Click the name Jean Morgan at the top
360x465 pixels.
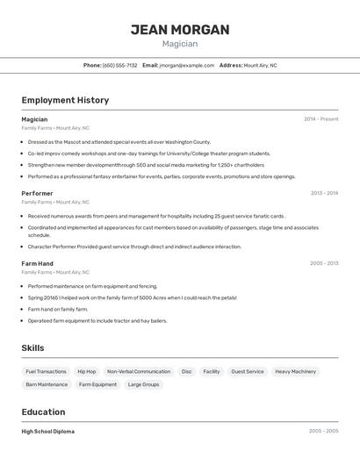coord(180,30)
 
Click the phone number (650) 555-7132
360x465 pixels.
coord(120,65)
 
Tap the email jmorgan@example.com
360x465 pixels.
coord(187,65)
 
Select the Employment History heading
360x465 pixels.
coord(65,100)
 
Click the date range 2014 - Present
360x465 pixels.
coord(320,119)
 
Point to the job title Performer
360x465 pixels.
coord(37,193)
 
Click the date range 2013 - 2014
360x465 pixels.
coord(324,193)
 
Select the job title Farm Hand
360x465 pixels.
coord(38,263)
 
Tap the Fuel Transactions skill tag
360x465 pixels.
coord(46,372)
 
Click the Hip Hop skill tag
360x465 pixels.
coord(87,372)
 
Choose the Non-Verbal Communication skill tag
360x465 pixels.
coord(139,372)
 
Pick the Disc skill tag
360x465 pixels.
coord(186,372)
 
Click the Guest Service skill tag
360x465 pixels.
coord(248,372)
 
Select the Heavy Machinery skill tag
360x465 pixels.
coord(295,372)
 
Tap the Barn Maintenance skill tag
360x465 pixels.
coord(47,384)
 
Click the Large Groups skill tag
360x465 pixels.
coord(144,384)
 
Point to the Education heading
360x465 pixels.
coord(43,412)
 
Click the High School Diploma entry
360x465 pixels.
coord(48,432)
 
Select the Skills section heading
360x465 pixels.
coord(32,348)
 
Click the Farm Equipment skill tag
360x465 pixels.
coord(97,384)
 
